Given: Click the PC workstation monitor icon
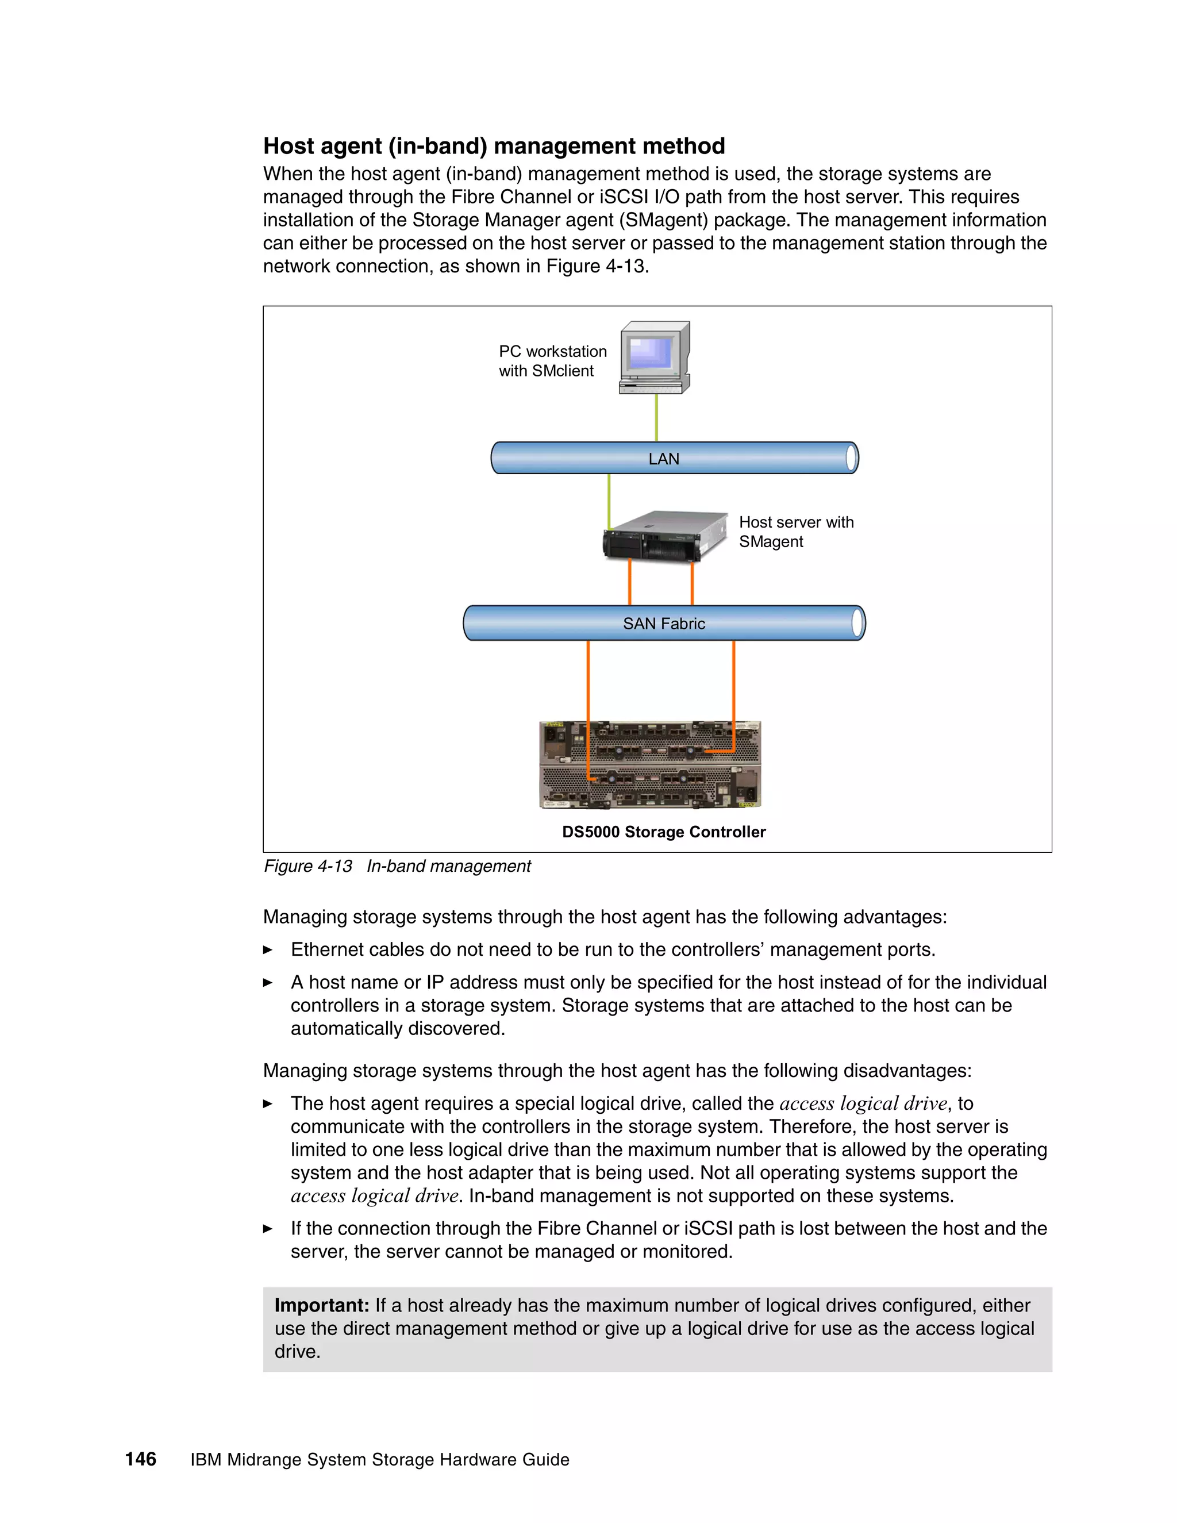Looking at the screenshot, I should pos(654,356).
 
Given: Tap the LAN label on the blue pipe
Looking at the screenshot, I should pos(663,459).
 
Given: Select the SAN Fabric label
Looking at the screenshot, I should pos(664,624).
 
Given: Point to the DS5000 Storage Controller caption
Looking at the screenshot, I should pos(664,832).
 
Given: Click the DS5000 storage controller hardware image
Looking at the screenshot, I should pos(650,765).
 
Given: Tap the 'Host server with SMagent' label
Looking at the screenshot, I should pos(795,532).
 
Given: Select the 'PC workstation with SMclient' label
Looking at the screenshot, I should pos(552,361).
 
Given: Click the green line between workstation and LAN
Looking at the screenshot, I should pos(656,418).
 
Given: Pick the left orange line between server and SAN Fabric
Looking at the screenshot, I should pos(630,582).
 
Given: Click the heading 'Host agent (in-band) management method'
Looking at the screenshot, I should pos(494,146).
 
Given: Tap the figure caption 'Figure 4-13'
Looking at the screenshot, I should pos(307,866).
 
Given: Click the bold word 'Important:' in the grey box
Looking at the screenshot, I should pos(321,1305).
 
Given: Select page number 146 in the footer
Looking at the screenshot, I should pos(140,1460).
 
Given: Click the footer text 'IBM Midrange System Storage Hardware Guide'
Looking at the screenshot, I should pos(379,1460).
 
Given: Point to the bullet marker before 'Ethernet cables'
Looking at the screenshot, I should pos(268,950).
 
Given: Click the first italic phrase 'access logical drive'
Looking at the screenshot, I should pos(863,1103).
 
